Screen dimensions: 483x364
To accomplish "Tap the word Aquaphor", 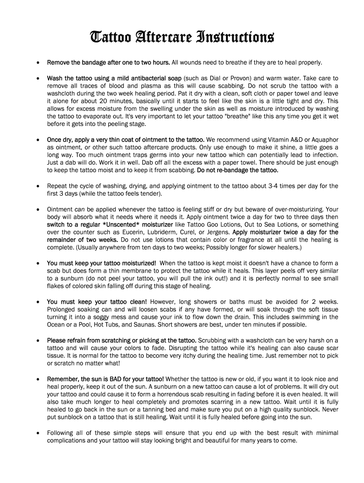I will (x=323, y=140).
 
